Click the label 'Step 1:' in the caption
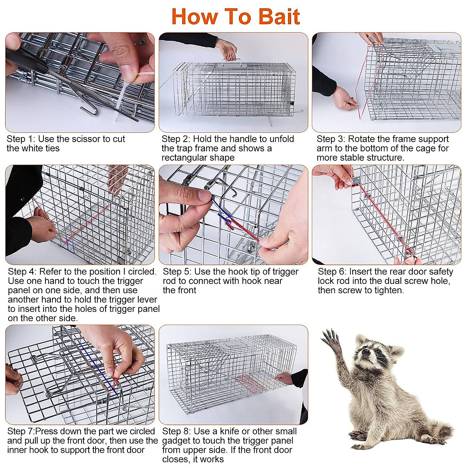(21, 139)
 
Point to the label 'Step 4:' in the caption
(22, 272)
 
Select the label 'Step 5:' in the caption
(177, 272)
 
